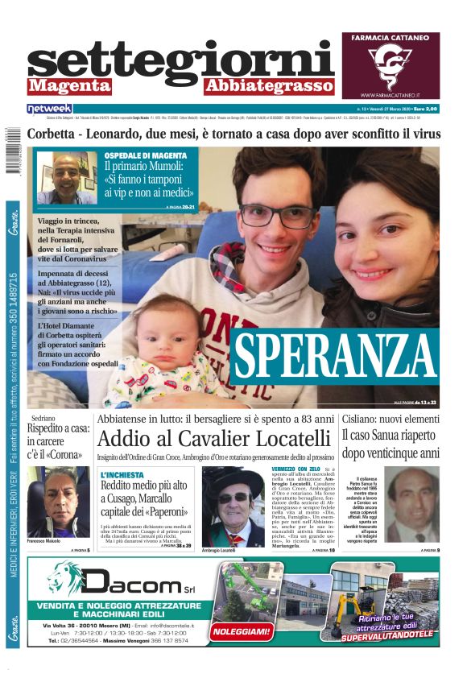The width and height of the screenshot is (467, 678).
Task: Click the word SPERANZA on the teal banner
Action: tap(334, 353)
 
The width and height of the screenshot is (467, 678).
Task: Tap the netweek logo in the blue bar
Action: tap(49, 108)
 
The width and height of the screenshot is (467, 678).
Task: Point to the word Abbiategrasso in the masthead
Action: tap(268, 86)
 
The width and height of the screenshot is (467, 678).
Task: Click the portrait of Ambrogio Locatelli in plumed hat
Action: tap(231, 506)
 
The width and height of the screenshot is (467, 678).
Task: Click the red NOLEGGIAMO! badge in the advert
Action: tap(240, 633)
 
